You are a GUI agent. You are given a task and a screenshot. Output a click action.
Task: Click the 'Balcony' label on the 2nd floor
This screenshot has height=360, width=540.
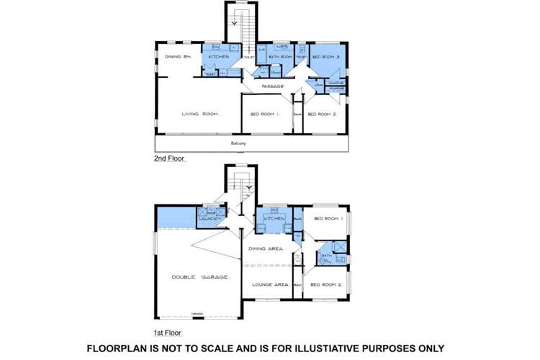238,144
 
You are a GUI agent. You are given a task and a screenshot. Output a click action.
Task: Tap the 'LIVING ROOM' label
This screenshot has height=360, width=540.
201,114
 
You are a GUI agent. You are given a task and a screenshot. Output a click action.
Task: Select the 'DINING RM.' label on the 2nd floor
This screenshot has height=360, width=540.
176,57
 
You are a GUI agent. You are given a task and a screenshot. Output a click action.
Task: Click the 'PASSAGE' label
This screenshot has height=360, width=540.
271,86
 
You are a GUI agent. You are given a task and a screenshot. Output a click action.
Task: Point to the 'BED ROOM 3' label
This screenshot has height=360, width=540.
326,57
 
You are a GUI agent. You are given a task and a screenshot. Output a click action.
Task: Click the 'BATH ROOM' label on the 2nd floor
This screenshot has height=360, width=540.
279,57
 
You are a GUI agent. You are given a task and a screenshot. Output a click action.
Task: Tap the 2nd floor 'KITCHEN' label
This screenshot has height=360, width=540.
218,57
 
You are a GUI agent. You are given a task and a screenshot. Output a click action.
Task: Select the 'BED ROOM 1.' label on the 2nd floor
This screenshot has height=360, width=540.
265,114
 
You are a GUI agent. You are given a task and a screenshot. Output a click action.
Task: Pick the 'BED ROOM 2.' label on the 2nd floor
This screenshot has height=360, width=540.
322,114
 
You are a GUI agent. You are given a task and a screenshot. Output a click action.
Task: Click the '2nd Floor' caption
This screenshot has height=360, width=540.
170,158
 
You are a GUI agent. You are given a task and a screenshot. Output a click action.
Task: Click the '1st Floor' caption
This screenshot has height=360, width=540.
168,333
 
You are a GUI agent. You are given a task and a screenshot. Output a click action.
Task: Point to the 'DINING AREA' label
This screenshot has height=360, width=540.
266,248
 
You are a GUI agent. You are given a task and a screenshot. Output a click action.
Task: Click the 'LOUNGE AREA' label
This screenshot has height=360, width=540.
270,284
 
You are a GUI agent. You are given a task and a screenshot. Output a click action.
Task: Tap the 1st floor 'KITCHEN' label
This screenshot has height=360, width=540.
274,217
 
